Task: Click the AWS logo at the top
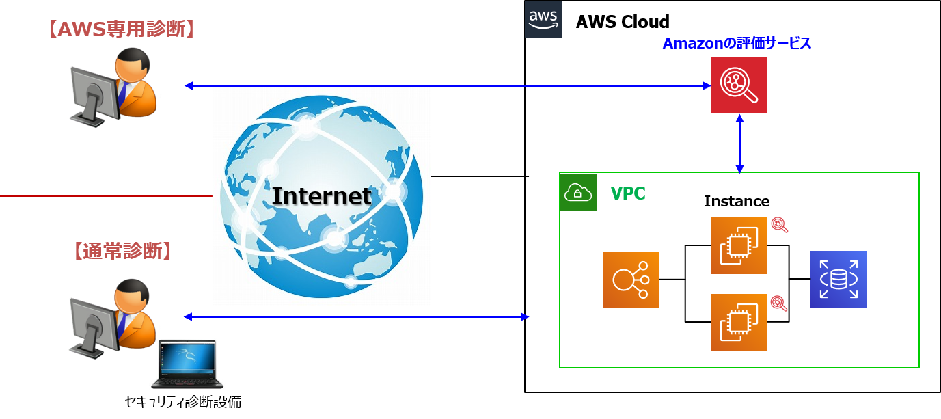click(x=543, y=19)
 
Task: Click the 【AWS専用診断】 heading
click(x=121, y=29)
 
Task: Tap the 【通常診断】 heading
click(x=121, y=251)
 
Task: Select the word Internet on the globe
click(x=321, y=196)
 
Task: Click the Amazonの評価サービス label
click(x=737, y=44)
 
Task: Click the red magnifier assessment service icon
click(x=739, y=85)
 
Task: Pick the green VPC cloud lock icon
click(x=578, y=192)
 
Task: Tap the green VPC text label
click(x=627, y=193)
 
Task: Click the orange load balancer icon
click(x=631, y=280)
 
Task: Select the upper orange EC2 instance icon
click(x=739, y=245)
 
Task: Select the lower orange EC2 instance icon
click(x=739, y=322)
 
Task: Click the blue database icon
click(x=838, y=279)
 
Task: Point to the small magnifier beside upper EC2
click(x=779, y=225)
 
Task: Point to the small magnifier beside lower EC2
click(x=779, y=303)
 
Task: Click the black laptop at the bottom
click(x=187, y=364)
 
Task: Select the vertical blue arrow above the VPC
click(x=739, y=143)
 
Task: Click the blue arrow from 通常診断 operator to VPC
click(x=356, y=316)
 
